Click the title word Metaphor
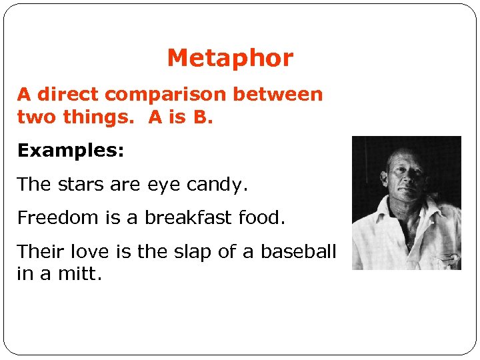[x=230, y=59]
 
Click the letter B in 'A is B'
[x=199, y=117]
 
